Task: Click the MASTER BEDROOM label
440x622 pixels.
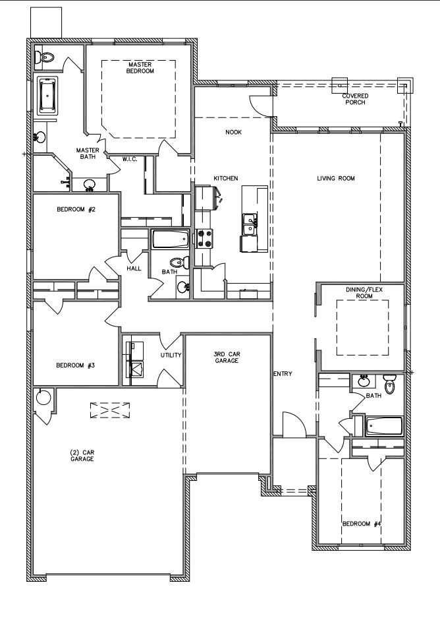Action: [x=140, y=68]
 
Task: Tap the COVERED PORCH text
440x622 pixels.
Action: [x=355, y=99]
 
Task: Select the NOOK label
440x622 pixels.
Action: [x=233, y=132]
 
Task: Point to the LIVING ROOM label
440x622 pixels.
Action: [x=335, y=179]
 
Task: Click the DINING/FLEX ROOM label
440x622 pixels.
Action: [x=364, y=293]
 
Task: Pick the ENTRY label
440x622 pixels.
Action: [x=283, y=374]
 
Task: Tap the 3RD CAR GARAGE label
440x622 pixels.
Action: [x=227, y=358]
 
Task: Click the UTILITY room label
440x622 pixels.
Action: [x=171, y=355]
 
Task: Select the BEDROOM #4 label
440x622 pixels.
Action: [x=362, y=524]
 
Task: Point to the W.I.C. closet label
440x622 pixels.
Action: [x=130, y=159]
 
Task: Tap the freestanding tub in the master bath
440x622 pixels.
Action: [x=47, y=96]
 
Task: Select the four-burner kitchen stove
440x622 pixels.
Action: [x=204, y=239]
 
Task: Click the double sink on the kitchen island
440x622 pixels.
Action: [x=250, y=224]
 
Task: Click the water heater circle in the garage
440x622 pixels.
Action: [x=42, y=397]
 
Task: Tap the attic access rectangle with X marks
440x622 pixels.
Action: [x=110, y=410]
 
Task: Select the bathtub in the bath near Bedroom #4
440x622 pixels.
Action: [x=384, y=427]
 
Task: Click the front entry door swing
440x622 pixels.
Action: [x=294, y=425]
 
